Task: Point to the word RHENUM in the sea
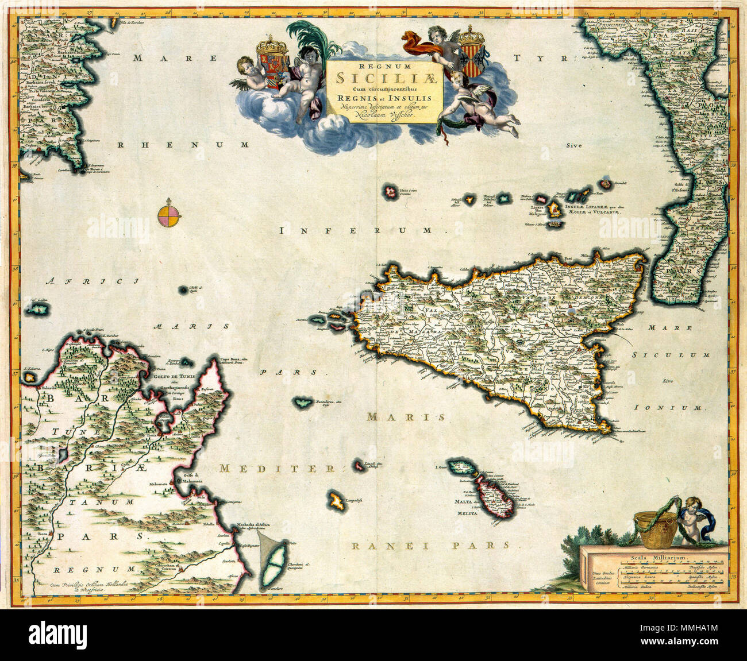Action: coord(183,145)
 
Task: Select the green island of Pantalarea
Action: coord(302,403)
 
